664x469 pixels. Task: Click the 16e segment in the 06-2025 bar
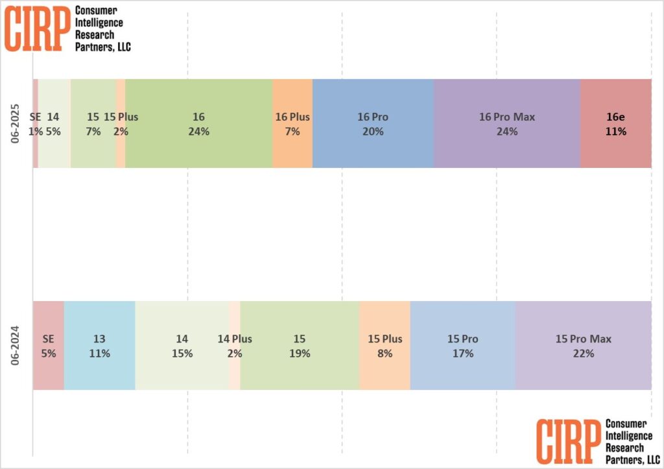coord(615,123)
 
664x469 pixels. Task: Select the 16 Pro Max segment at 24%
coord(506,123)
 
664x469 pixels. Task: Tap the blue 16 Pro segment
coord(373,123)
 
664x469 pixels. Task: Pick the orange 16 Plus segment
coord(292,123)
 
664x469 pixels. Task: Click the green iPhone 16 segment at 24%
coord(199,123)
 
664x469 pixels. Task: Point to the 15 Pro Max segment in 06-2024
coord(583,346)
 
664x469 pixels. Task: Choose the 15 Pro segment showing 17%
coord(462,346)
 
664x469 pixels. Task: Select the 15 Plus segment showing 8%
coord(385,346)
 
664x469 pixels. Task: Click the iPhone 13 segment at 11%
coord(99,346)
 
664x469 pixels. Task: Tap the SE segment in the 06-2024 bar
coord(48,346)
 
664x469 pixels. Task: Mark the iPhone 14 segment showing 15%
coord(182,346)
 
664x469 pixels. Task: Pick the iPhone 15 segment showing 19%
coord(299,346)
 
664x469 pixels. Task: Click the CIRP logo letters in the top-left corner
coord(36,28)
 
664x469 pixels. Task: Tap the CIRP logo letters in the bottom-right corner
coord(567,442)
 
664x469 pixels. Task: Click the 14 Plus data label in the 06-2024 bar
coord(234,339)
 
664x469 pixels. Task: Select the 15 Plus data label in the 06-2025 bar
coord(121,117)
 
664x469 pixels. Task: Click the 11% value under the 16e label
coord(615,131)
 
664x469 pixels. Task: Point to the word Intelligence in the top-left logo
coord(99,23)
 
